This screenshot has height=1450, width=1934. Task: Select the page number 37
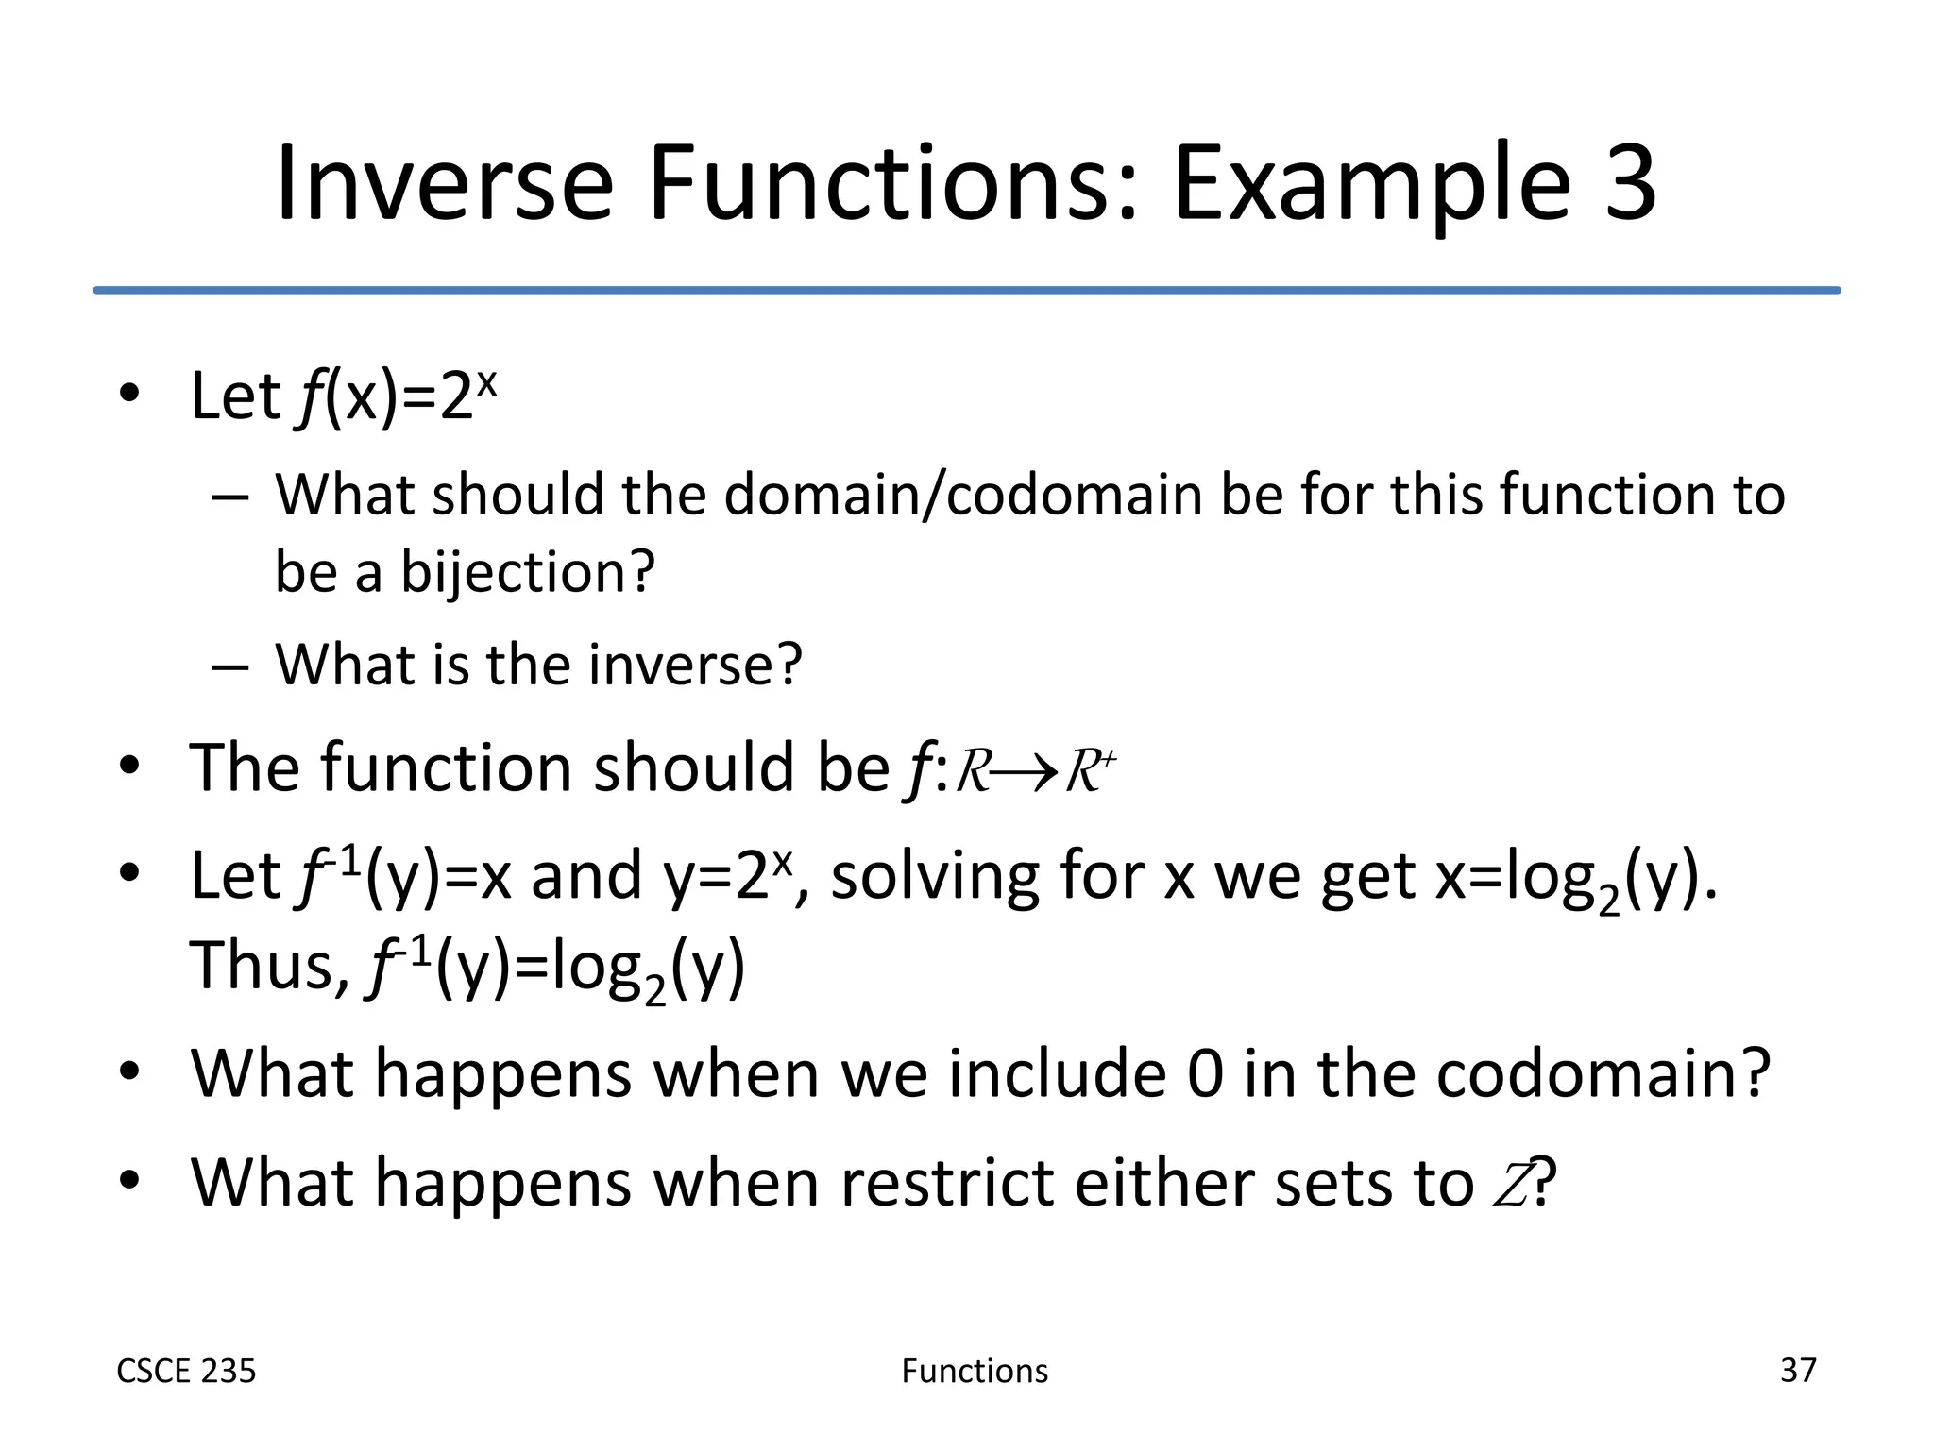1797,1370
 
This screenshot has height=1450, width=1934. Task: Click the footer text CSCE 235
186,1371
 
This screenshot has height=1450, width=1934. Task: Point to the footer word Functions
975,1371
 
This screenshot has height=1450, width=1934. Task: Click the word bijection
527,572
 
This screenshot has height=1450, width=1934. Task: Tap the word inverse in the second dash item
694,664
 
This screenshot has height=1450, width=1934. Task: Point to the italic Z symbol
1511,1184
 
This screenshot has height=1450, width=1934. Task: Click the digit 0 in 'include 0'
1205,1074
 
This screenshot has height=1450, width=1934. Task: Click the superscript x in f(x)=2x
485,382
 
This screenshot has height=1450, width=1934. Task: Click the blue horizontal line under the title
967,290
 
